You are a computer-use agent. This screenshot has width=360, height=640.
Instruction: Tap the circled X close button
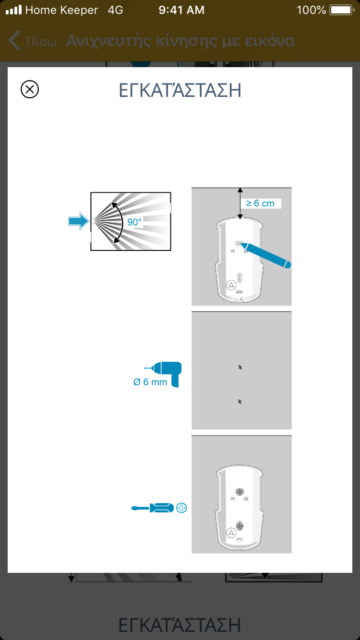coord(30,89)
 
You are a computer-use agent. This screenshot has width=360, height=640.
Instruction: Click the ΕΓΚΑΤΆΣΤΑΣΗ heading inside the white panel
coord(180,91)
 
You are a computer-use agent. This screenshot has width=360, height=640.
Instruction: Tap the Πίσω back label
coord(41,42)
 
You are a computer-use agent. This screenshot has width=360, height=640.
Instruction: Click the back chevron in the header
coord(14,41)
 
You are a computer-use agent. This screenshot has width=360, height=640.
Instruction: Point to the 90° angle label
coord(134,222)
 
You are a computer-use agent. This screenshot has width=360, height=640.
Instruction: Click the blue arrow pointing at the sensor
coord(79,221)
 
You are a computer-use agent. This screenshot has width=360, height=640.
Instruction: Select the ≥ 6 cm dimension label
coord(260,203)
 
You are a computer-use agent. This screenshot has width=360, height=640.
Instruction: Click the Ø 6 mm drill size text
coord(150,382)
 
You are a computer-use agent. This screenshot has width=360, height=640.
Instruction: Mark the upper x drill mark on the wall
coord(240,367)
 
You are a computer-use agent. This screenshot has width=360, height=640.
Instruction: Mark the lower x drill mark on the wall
coord(240,402)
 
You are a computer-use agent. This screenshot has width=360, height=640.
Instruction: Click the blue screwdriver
coord(153,508)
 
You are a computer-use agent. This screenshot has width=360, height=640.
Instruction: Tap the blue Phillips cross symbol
coord(181,508)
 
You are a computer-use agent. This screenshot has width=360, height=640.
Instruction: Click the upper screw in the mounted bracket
coord(240,492)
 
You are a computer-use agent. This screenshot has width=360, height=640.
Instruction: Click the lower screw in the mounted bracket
coord(240,526)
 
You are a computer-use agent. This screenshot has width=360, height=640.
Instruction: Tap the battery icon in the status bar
coord(342,10)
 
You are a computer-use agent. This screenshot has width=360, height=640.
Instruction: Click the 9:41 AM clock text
coord(181,10)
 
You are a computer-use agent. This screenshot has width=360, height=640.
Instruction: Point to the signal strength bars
coord(14,10)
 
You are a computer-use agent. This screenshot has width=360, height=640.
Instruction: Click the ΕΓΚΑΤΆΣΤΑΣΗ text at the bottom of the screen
coord(180,625)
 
